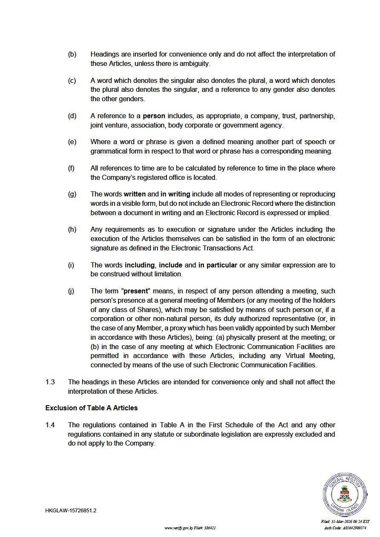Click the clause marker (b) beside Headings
(x=72, y=54)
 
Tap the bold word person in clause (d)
(x=154, y=116)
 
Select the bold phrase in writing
(x=176, y=194)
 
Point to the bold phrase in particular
(x=218, y=265)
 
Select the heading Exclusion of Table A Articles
(x=92, y=408)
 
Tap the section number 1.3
(x=50, y=382)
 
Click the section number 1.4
(x=50, y=425)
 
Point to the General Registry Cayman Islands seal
(x=345, y=494)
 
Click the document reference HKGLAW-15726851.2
(x=71, y=511)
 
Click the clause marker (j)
(x=71, y=291)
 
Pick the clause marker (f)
(x=71, y=168)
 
